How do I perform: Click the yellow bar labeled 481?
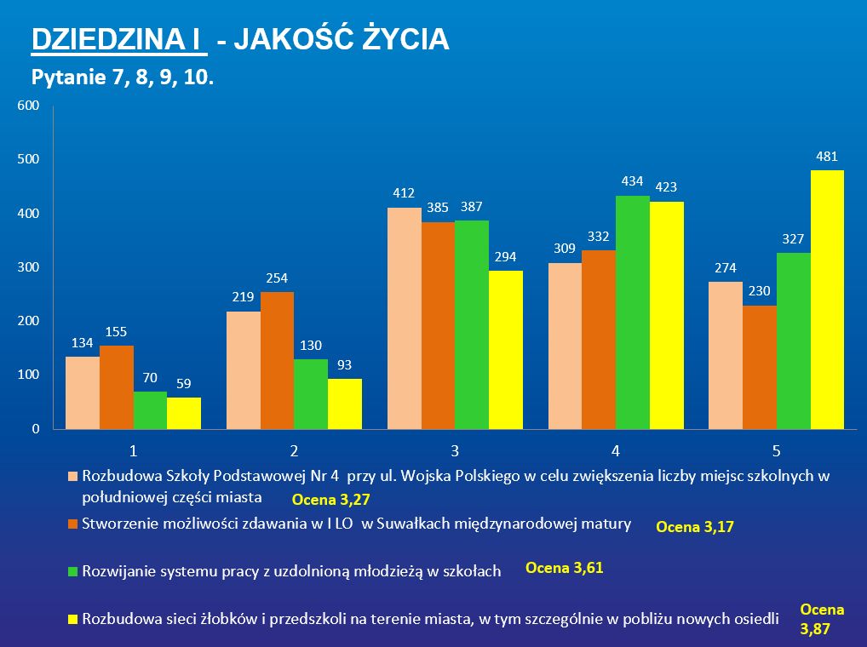pos(827,299)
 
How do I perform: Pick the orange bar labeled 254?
pos(278,360)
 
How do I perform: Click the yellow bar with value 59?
pos(184,413)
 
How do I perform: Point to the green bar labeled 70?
pos(151,409)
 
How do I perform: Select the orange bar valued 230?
pos(760,367)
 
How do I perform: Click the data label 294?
pos(506,255)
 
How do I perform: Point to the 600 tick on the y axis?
pos(29,106)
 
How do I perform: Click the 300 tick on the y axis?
pos(29,267)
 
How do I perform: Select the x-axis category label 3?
pos(455,449)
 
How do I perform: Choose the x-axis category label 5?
pos(777,449)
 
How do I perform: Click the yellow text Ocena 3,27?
pos(331,499)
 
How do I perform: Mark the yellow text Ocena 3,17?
pos(694,528)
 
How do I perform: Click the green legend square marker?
pos(72,571)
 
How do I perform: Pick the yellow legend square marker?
pos(72,619)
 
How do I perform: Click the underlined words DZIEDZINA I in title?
pos(118,39)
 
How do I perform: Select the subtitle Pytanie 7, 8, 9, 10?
pos(122,78)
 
